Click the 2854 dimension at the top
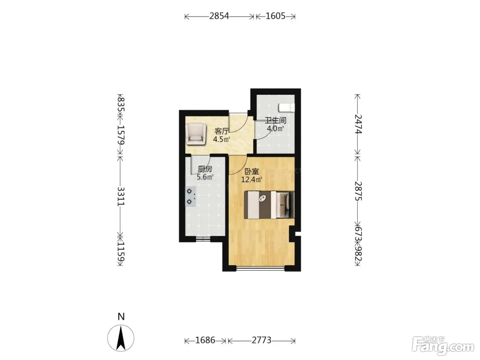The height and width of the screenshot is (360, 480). (x=219, y=16)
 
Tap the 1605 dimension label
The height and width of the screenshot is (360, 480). (x=275, y=16)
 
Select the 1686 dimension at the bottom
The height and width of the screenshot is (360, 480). (x=205, y=340)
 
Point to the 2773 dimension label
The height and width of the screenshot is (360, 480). (x=261, y=340)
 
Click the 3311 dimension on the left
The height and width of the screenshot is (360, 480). (x=121, y=196)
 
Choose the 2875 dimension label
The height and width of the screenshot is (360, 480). (x=358, y=191)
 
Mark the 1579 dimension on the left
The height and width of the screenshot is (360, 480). (x=121, y=135)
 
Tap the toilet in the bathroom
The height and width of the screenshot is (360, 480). (x=286, y=108)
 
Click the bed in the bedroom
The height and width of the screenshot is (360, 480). (x=269, y=205)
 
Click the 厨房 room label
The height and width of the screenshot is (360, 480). (x=205, y=169)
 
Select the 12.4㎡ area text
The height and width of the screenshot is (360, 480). (x=251, y=180)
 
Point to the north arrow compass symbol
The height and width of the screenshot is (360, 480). (x=121, y=338)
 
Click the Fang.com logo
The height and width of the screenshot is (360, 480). (x=443, y=346)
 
